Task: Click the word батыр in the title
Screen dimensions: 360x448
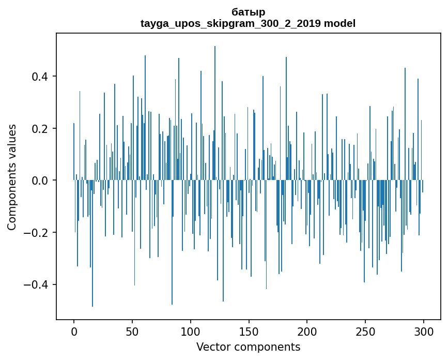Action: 248,12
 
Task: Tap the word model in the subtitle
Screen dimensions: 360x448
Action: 340,23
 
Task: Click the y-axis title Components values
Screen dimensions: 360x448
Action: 12,177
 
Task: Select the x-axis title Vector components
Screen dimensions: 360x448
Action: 248,347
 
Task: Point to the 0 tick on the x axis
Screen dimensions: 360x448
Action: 74,331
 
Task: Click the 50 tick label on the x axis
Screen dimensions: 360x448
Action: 132,331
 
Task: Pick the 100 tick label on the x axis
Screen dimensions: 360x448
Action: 191,331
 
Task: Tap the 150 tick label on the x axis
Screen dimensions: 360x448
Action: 249,331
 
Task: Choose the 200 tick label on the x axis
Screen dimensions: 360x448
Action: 307,331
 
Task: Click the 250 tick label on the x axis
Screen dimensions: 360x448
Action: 365,331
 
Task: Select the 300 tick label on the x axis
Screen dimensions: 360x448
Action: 423,331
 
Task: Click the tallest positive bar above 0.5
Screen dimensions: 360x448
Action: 215,103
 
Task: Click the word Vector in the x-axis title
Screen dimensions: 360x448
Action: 212,347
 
